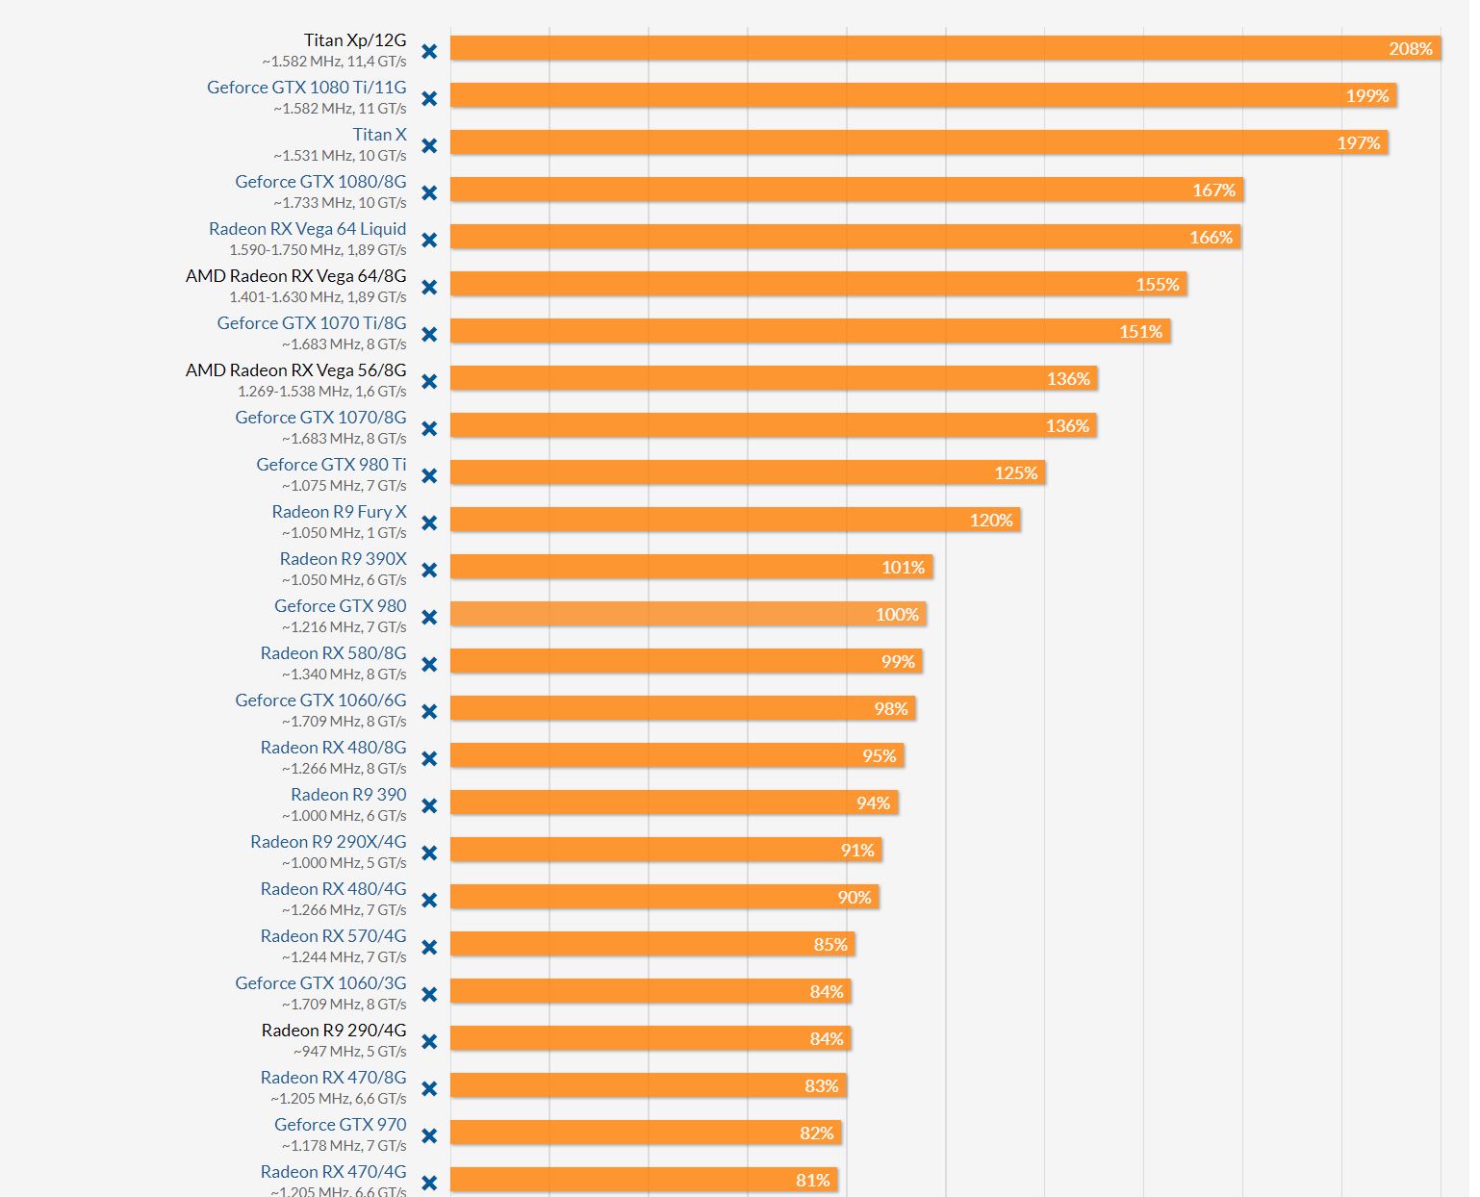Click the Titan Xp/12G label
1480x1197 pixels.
click(x=354, y=40)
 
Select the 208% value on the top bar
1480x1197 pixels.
click(x=1410, y=48)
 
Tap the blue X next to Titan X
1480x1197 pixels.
click(x=429, y=145)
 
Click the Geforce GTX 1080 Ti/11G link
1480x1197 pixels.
click(x=306, y=88)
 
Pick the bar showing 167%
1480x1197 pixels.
click(x=847, y=190)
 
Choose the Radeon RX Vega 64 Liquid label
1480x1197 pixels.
click(x=307, y=229)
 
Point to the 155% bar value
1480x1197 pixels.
click(x=1157, y=284)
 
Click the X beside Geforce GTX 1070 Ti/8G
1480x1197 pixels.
click(x=429, y=334)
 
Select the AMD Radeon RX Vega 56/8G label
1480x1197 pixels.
click(x=295, y=370)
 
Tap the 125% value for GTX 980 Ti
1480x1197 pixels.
click(x=1015, y=472)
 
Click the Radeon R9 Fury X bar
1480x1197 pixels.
click(x=735, y=520)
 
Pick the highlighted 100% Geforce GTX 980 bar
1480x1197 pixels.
click(x=688, y=614)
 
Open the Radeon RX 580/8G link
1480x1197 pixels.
click(x=333, y=653)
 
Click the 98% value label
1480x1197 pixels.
click(x=890, y=708)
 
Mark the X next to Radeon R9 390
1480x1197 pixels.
click(x=429, y=805)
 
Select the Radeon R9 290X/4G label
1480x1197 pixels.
click(x=328, y=842)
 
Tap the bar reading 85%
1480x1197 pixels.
click(x=652, y=944)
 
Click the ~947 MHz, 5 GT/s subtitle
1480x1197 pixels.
click(x=349, y=1051)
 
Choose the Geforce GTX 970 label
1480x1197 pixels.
click(x=340, y=1125)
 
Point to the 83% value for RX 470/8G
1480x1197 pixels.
click(x=821, y=1085)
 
